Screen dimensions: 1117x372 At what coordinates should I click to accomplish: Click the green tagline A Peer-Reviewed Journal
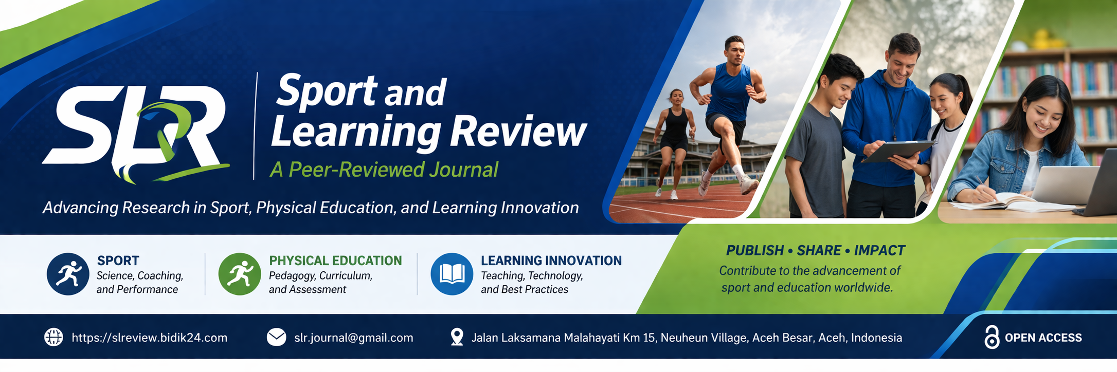tap(384, 170)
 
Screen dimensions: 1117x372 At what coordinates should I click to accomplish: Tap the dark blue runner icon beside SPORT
tap(68, 274)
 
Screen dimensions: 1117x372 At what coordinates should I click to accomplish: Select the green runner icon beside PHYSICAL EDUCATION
tap(240, 274)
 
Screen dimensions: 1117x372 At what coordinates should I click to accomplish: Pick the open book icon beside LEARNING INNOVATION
tap(452, 274)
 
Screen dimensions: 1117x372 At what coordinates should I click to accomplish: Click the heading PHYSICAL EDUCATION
tap(335, 261)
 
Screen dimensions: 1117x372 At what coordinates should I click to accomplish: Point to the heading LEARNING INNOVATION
tap(551, 261)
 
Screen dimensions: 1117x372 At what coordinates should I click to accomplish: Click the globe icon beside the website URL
tap(53, 338)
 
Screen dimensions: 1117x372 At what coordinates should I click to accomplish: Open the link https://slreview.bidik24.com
tap(150, 338)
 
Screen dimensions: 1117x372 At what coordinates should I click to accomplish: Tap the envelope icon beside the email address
tap(277, 338)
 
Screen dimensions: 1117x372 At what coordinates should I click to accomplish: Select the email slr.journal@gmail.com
tap(354, 338)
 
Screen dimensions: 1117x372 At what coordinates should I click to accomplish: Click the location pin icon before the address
tap(457, 337)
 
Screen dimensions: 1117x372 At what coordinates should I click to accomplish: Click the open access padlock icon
tap(992, 338)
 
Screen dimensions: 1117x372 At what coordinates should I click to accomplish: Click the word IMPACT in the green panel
tap(879, 251)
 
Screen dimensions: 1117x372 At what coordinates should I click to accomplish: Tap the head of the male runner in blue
tap(734, 50)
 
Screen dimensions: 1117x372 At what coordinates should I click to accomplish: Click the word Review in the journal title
tap(518, 132)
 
